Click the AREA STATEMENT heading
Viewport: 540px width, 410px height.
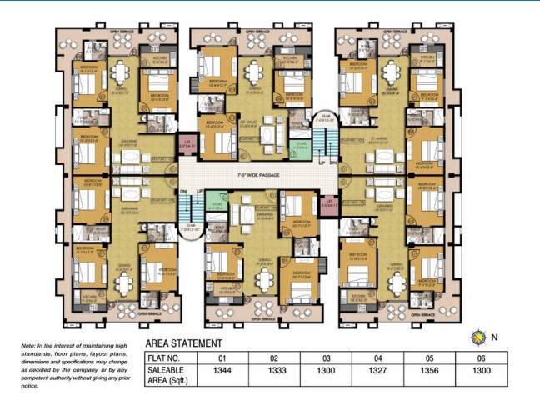coord(183,342)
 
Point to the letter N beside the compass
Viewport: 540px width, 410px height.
coord(494,337)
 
